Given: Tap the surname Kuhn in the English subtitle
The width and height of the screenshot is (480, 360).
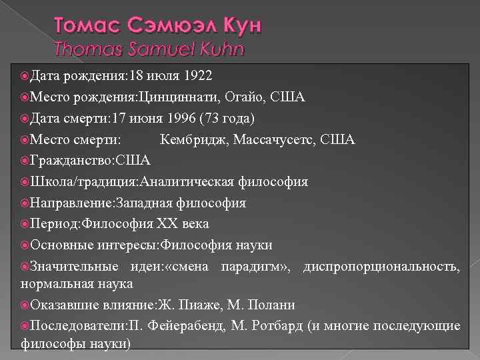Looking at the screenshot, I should pyautogui.click(x=219, y=48).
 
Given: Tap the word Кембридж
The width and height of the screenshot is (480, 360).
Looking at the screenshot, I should pyautogui.click(x=193, y=140).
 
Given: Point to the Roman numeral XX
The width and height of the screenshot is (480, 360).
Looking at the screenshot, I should pyautogui.click(x=163, y=224).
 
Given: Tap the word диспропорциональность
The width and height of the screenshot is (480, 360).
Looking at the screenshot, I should pyautogui.click(x=381, y=267).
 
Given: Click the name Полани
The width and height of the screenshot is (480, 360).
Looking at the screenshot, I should pyautogui.click(x=271, y=305).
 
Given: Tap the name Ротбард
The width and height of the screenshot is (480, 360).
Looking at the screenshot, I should pyautogui.click(x=277, y=326).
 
